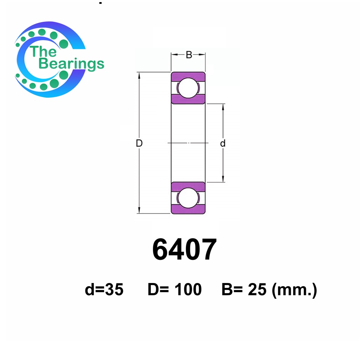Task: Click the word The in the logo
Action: [43, 51]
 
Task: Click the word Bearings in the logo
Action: [71, 64]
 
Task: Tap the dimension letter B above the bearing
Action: [189, 55]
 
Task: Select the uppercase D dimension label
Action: [139, 143]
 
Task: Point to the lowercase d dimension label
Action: [223, 143]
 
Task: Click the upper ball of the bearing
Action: [188, 88]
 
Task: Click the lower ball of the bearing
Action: [188, 198]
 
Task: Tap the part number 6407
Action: [185, 250]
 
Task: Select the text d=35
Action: [104, 289]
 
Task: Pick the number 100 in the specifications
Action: [188, 289]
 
